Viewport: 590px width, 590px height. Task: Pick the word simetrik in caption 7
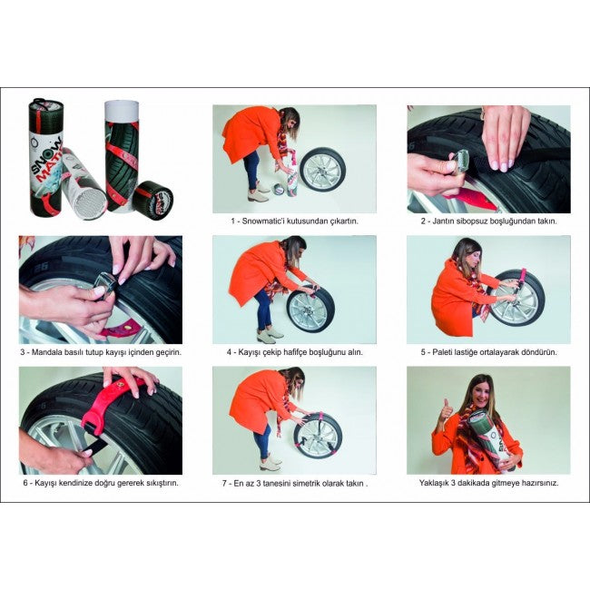307,484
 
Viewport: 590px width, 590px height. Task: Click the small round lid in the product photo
153,200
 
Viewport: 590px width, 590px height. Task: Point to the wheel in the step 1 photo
323,170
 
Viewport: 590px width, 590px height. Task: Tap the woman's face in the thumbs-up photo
480,393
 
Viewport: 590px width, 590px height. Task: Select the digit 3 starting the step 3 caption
23,352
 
